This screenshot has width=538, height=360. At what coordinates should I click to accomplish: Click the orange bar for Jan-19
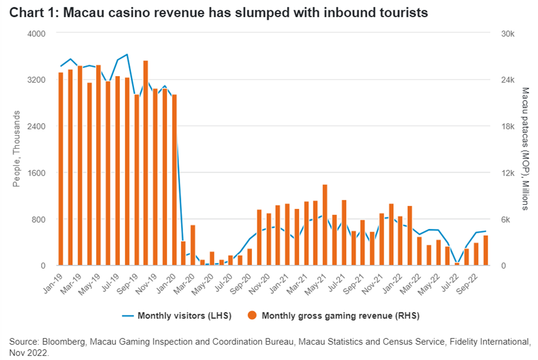coord(61,169)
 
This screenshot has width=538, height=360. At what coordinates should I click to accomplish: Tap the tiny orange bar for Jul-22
coord(457,264)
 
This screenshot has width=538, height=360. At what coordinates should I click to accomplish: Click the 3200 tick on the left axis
coord(37,80)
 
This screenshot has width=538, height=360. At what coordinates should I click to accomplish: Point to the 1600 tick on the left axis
coord(37,173)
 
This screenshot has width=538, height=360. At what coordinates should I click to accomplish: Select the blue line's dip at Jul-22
coord(457,263)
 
